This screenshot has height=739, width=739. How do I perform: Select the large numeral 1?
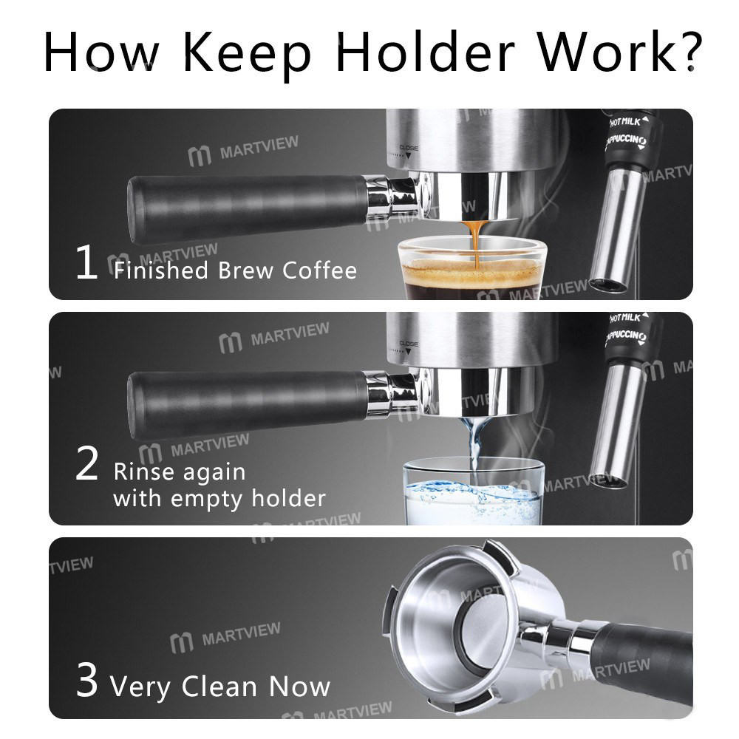click(x=86, y=265)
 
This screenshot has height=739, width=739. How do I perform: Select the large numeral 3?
click(x=87, y=681)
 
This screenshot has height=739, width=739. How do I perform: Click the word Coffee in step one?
click(x=320, y=270)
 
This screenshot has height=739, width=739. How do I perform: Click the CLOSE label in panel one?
click(x=409, y=148)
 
